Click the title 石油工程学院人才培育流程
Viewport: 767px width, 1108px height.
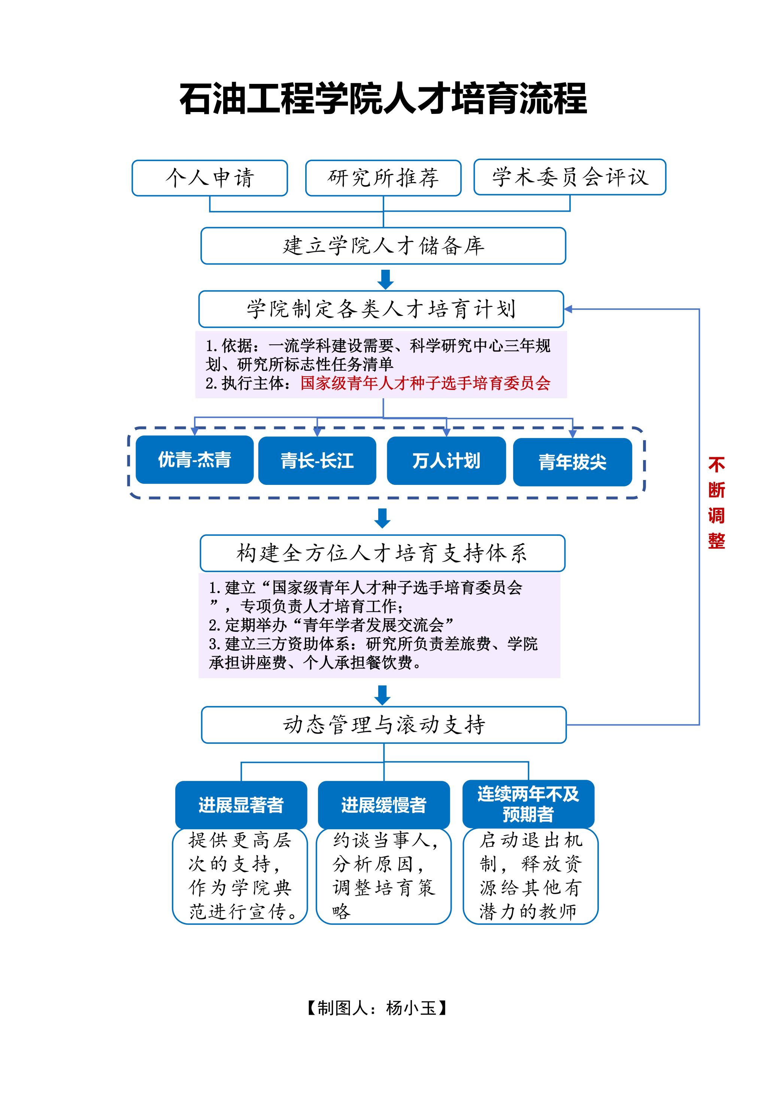(383, 99)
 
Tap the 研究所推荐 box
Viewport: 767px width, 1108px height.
(383, 178)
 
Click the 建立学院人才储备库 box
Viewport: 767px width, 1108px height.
(383, 246)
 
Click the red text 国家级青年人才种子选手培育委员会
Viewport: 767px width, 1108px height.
(425, 383)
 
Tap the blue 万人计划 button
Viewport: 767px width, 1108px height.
(446, 461)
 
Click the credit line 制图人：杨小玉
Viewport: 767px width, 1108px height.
(377, 1008)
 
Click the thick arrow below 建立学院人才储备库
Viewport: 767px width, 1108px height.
(385, 279)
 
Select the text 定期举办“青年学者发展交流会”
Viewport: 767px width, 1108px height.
(331, 625)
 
